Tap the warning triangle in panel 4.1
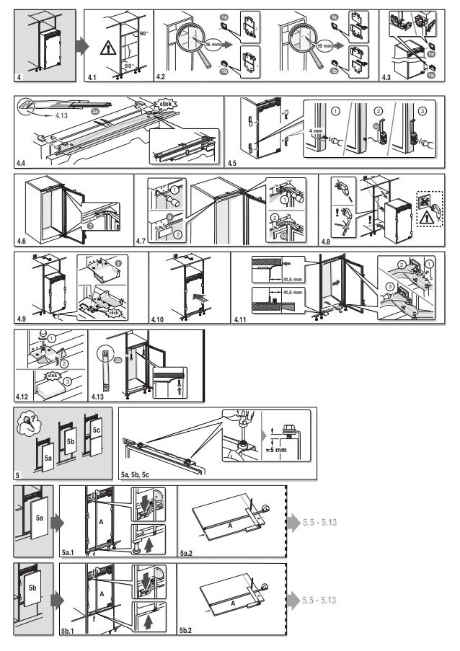coord(106,48)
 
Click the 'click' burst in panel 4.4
coord(166,104)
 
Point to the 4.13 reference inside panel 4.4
coord(64,114)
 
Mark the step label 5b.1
coord(68,631)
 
